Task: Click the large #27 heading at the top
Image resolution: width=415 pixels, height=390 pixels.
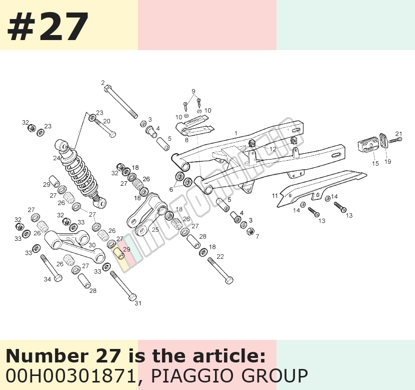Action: coord(48,26)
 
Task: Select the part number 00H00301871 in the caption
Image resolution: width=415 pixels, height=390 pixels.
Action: coord(70,376)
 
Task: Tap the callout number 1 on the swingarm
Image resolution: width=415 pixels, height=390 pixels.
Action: coord(236,133)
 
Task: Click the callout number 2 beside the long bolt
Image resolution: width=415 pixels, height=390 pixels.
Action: coord(102,83)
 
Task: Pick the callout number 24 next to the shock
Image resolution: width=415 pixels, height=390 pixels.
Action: coord(56,158)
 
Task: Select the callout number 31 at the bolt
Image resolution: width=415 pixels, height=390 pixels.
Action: coord(138,303)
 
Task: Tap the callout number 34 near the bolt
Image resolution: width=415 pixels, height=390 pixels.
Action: coord(47,279)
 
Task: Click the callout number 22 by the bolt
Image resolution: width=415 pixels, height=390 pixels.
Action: coord(220,256)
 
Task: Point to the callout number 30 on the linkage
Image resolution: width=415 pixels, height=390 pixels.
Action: coord(92,245)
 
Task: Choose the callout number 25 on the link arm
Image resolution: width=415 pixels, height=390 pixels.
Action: coord(155,229)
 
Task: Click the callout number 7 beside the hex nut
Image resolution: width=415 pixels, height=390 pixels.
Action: coord(257,236)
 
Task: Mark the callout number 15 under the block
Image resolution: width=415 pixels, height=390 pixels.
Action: coord(375,164)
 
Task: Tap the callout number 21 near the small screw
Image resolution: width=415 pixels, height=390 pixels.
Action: coord(398,134)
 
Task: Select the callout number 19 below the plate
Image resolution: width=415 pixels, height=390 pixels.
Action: coord(387,161)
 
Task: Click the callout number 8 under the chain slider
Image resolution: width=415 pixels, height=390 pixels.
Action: coord(186,140)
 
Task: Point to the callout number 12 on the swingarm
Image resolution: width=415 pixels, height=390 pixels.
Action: coord(273,149)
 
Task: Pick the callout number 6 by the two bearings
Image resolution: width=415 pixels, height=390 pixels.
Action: coord(171,189)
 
